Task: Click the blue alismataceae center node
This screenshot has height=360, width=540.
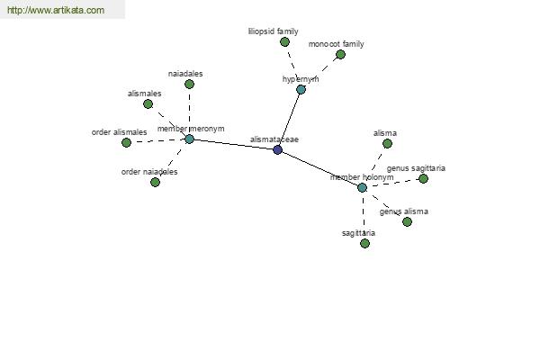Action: click(277, 150)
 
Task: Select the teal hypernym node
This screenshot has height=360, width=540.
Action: click(301, 90)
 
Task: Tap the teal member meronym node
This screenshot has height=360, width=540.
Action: click(189, 139)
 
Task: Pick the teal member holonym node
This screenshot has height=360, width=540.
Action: click(362, 188)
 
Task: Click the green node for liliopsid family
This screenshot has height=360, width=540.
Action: click(284, 42)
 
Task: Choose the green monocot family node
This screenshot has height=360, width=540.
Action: click(340, 54)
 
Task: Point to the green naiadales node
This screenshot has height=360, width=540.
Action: click(189, 84)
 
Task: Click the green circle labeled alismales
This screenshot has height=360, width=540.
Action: click(148, 104)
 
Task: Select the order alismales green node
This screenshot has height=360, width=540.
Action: click(126, 142)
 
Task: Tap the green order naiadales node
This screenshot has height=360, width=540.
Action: click(156, 182)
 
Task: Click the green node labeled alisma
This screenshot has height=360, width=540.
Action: click(387, 144)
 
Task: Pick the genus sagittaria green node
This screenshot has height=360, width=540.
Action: click(423, 178)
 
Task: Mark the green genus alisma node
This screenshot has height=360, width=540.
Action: click(407, 222)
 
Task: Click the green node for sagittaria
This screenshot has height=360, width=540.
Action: click(364, 244)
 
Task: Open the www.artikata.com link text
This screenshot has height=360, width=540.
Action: click(56, 10)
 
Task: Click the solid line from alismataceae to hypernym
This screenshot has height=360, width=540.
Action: click(289, 120)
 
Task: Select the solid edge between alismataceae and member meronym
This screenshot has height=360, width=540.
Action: click(233, 144)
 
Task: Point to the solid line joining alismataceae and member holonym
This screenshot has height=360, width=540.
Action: click(319, 169)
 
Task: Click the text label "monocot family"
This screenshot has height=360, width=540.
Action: click(336, 44)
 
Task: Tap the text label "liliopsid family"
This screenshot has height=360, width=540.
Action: click(273, 31)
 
